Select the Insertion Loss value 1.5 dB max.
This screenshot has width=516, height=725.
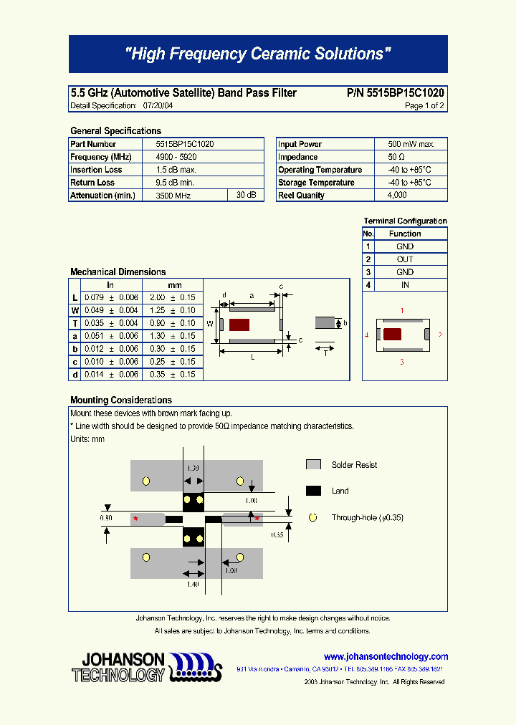pos(176,170)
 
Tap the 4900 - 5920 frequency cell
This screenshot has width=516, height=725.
pos(176,157)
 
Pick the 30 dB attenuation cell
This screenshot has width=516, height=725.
pos(246,196)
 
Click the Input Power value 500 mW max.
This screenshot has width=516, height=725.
pos(411,144)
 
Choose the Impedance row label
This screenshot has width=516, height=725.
pos(298,157)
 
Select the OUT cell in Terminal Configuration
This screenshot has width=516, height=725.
pos(405,259)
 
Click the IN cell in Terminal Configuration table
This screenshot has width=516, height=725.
pos(405,285)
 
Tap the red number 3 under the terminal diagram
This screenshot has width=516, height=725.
pos(402,362)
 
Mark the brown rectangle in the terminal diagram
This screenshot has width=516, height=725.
pos(392,334)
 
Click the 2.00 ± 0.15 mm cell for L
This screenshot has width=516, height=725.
pos(172,297)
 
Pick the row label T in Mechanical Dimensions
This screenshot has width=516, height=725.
pos(75,323)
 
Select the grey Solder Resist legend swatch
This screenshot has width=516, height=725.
pos(313,465)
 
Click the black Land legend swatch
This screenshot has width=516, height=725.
pos(313,491)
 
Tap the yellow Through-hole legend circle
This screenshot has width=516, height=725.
pos(312,517)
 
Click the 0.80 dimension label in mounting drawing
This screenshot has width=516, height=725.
pos(106,517)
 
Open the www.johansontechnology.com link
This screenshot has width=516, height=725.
pos(386,656)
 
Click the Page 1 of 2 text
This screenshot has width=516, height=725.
pos(424,106)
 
